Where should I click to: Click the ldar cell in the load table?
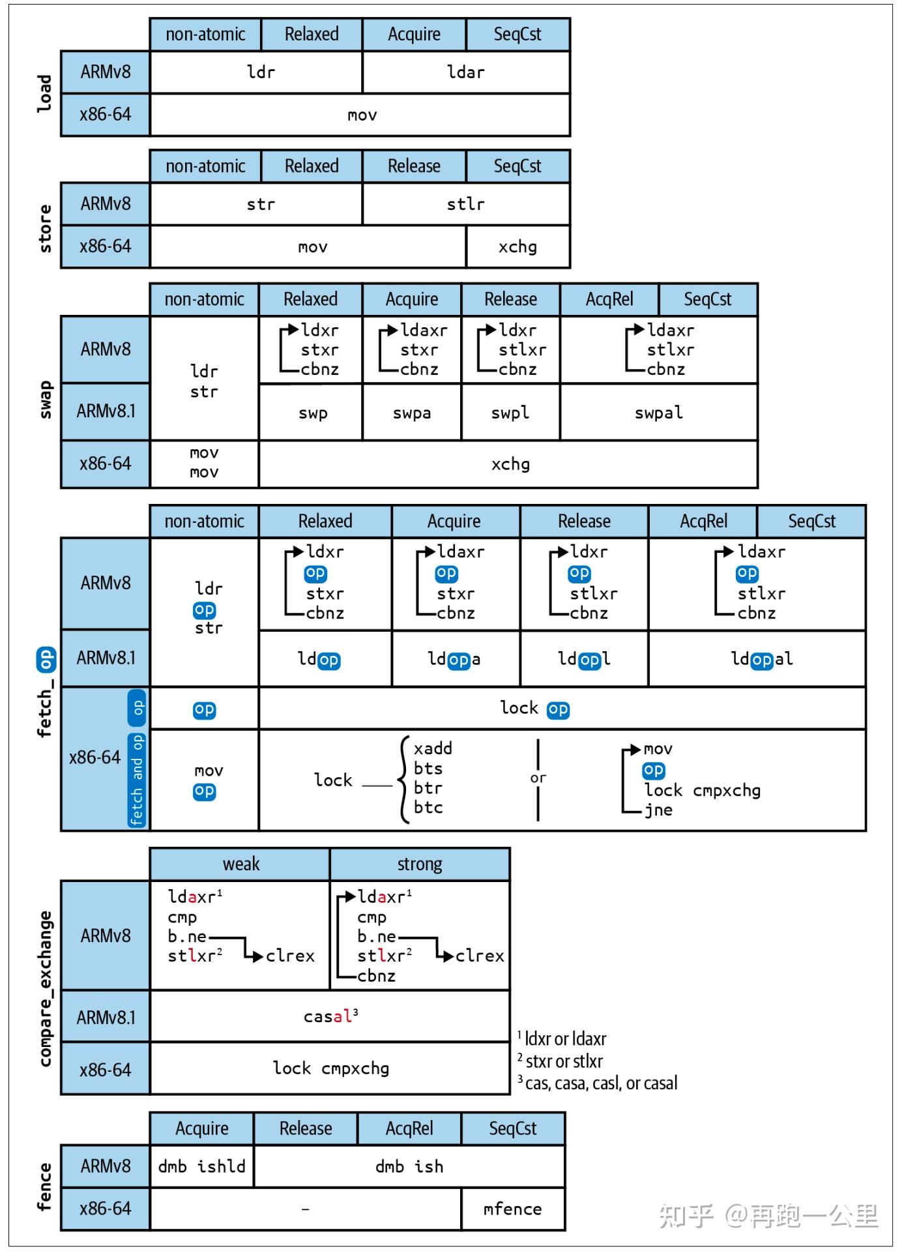pos(465,72)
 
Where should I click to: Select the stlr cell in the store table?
pos(465,204)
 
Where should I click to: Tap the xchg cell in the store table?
pos(517,246)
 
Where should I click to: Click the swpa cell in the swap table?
pos(411,413)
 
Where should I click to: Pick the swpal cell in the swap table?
pos(658,413)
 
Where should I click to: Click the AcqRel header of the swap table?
pos(609,299)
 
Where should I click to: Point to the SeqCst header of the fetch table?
pos(811,521)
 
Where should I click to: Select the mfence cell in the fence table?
pos(512,1209)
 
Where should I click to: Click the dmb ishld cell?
pos(201,1166)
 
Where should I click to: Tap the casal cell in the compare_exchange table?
pos(330,1016)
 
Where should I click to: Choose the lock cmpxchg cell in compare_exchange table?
pos(330,1069)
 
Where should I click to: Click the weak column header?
pos(240,864)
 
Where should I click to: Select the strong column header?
pos(419,864)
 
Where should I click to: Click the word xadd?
pos(433,748)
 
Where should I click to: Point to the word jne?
pos(658,810)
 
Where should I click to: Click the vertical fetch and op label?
pos(137,780)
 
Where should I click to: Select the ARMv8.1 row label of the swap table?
pos(106,411)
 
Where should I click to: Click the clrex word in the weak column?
pos(290,956)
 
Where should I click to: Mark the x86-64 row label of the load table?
pos(106,115)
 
